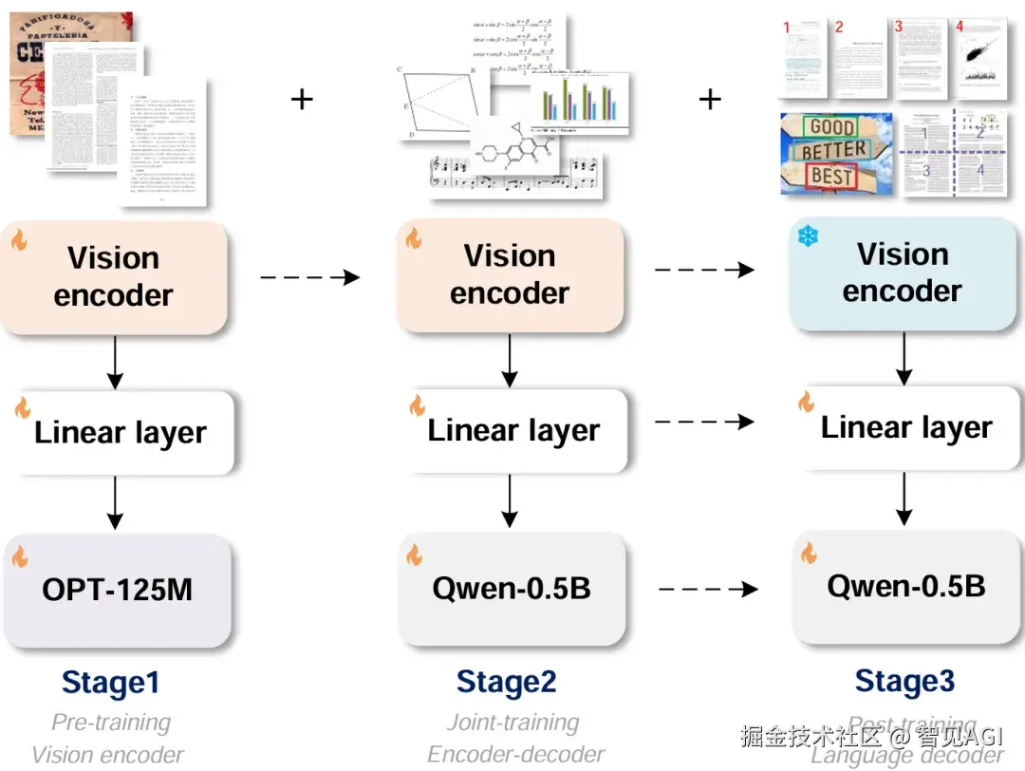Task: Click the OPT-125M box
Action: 116,589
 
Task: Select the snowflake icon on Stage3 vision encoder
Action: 808,236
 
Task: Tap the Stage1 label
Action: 110,683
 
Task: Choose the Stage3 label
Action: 904,681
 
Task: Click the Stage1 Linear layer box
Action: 119,433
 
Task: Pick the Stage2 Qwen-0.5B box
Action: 511,589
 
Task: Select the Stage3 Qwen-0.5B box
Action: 905,587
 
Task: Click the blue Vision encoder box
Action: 902,273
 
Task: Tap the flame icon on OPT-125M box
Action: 20,556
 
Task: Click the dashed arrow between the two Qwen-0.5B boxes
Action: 708,590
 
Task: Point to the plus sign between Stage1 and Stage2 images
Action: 302,99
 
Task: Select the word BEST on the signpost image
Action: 830,176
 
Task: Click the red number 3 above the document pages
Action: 898,27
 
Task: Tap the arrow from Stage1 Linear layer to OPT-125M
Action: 115,502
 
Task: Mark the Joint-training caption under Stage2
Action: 512,723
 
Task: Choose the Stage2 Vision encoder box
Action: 510,274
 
